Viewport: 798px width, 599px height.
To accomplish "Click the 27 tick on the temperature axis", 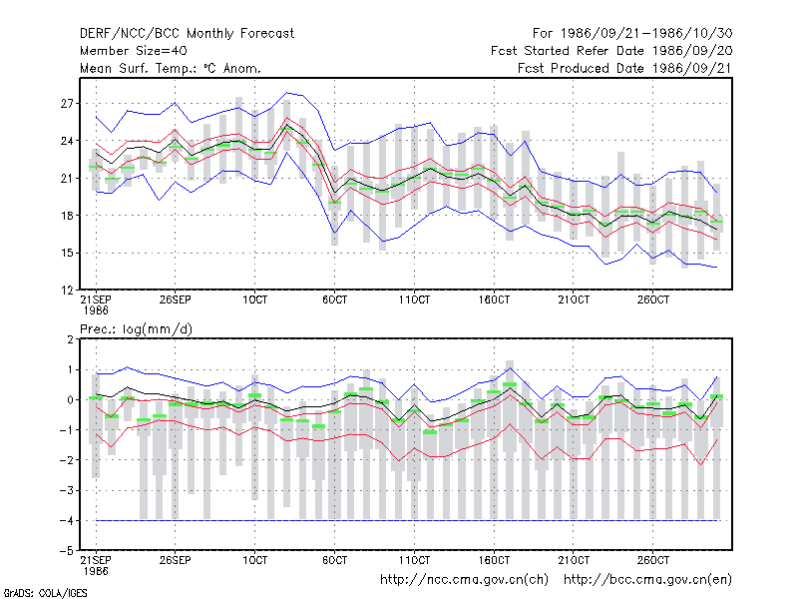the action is (67, 104).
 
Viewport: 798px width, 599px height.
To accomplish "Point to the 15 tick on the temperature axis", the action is (67, 254).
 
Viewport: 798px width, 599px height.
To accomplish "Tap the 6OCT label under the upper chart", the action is (334, 300).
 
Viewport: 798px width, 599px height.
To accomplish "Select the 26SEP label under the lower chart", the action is (176, 560).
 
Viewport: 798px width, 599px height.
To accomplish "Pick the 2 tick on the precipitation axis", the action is (70, 339).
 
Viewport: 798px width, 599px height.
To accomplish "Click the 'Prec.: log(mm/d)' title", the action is (137, 329).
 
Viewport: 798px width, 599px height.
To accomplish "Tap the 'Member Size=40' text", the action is (134, 51).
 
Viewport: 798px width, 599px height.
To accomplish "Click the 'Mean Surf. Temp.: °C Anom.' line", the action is (171, 68).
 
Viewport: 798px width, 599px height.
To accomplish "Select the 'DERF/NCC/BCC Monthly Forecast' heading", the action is (187, 34).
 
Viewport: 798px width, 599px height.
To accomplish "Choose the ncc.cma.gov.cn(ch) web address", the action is (464, 580).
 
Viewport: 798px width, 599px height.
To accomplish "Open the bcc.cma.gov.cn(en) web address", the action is (647, 580).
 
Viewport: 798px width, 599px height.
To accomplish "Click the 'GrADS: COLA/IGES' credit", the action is (45, 593).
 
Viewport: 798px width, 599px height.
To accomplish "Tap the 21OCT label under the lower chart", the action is (574, 560).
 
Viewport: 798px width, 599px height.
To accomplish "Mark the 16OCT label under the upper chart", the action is (494, 300).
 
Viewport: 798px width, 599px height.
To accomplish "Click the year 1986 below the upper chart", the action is (96, 310).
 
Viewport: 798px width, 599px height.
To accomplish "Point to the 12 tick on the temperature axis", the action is (67, 291).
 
